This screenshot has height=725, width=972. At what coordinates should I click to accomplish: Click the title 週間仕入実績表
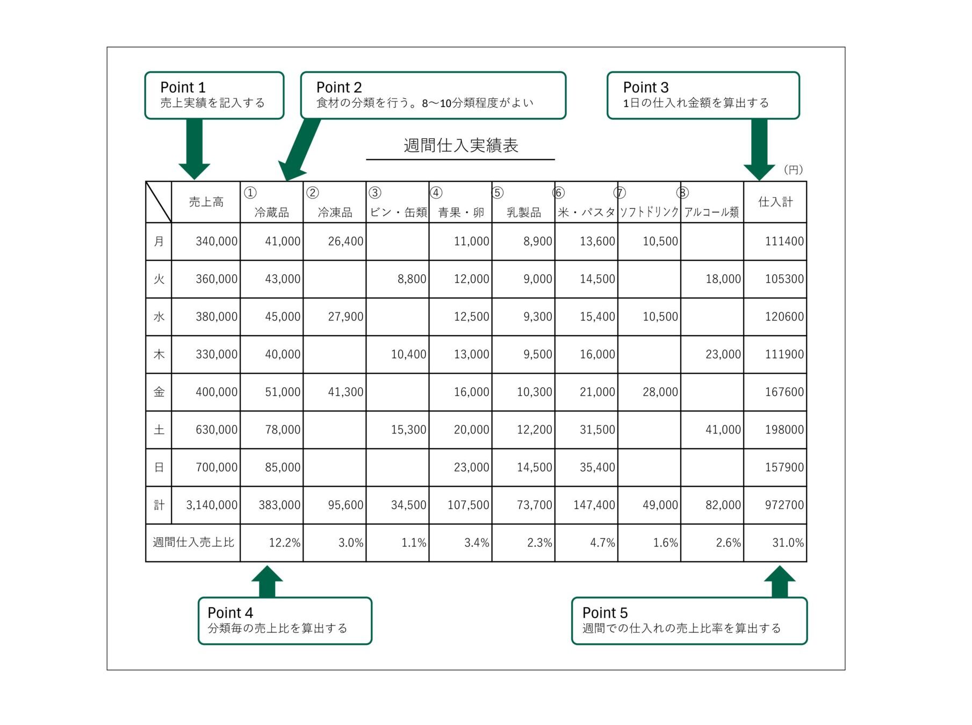tap(460, 146)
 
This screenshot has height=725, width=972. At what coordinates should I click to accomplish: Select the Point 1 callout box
tap(214, 95)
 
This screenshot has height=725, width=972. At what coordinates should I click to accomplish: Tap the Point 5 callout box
tap(689, 621)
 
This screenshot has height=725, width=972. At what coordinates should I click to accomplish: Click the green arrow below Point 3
tap(759, 150)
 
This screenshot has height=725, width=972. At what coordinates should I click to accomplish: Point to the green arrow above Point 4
tap(267, 581)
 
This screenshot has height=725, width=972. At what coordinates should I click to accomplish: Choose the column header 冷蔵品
tap(272, 212)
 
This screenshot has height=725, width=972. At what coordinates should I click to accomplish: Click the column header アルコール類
tap(712, 212)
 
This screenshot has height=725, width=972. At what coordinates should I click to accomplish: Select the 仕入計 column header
tap(775, 202)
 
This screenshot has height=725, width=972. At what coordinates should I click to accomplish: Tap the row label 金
tap(159, 392)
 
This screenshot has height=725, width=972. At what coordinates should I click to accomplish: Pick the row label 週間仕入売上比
tap(193, 543)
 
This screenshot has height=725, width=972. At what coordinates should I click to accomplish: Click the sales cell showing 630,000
tap(217, 430)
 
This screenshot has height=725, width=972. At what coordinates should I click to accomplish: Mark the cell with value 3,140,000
tap(212, 505)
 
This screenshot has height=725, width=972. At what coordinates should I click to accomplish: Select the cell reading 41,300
tap(345, 392)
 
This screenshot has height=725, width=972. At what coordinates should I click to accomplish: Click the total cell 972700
tap(784, 505)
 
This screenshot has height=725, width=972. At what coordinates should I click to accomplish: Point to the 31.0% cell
tap(788, 543)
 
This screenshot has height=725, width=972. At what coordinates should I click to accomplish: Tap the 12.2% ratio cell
tap(284, 543)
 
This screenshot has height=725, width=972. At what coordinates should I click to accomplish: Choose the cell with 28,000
tap(660, 392)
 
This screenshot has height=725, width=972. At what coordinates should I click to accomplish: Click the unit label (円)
tap(793, 170)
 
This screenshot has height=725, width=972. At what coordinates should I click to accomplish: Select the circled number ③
tap(375, 193)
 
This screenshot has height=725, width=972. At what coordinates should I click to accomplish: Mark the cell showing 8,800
tap(412, 279)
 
